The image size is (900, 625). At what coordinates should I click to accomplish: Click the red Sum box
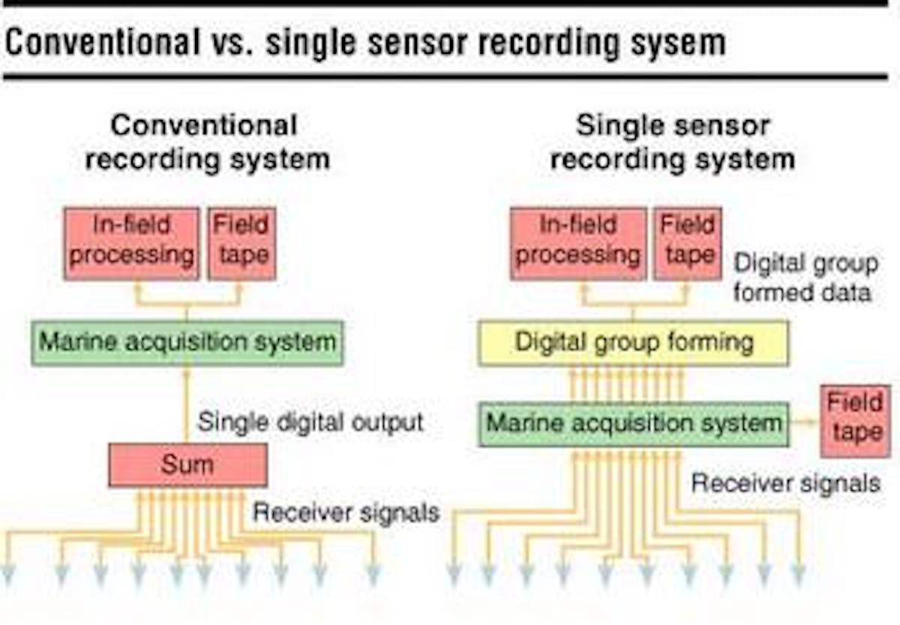point(187,465)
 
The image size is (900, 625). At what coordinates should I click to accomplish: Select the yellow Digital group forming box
point(634,342)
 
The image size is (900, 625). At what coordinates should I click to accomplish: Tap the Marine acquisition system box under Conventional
point(187,342)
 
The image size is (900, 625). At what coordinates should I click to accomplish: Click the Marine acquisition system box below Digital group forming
point(634,423)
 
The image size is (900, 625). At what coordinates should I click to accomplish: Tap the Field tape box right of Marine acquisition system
point(856,420)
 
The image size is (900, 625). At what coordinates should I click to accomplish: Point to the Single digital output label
point(310,422)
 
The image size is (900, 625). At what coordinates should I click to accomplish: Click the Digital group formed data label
point(805,277)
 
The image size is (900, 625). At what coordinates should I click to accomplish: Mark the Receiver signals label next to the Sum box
point(345,513)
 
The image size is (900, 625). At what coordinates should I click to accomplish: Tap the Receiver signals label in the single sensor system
point(785,483)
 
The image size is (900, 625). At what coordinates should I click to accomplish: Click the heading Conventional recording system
point(206,142)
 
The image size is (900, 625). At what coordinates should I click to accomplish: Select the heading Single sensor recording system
point(672,142)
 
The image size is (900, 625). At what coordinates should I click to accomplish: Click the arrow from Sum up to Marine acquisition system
point(187,405)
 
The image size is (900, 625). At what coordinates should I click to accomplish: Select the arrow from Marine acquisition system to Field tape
point(804,423)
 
